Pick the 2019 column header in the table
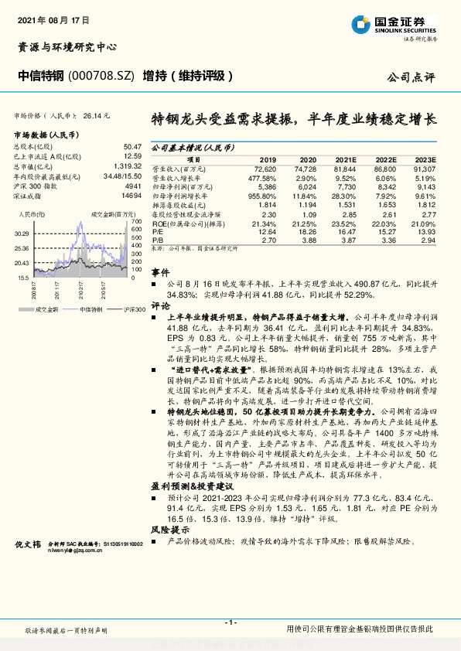[267, 158]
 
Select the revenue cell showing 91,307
[425, 168]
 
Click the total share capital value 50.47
[132, 146]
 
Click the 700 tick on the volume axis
[136, 221]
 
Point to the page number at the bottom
[230, 622]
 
